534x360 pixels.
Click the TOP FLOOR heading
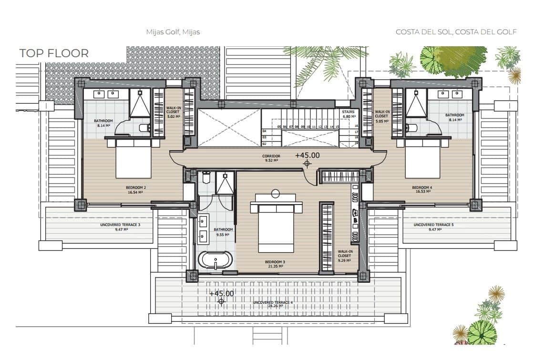coord(54,53)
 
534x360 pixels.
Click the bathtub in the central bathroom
coord(215,261)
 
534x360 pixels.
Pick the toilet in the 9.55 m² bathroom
coord(206,178)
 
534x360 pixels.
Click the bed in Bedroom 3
coord(276,226)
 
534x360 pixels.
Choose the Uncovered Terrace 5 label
coord(432,226)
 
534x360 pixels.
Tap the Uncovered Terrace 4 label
coord(273,304)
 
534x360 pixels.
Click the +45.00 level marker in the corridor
coord(307,155)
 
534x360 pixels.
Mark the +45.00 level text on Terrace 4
coord(222,294)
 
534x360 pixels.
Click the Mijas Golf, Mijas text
coord(173,32)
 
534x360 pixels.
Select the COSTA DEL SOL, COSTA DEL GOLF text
coord(456,32)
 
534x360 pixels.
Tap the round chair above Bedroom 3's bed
coord(276,194)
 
